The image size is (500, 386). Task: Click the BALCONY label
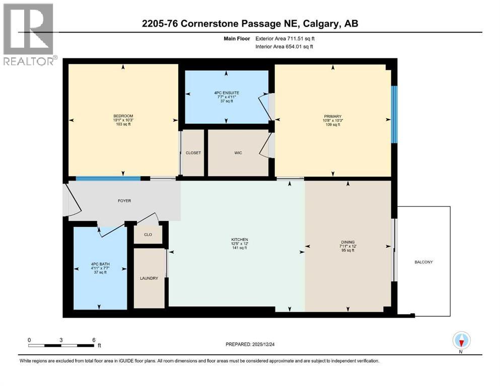[x=423, y=262]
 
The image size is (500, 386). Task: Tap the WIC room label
[x=238, y=153]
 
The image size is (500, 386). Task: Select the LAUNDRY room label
[x=149, y=278]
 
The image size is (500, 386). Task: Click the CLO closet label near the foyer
[x=148, y=235]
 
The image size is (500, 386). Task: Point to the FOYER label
[x=124, y=201]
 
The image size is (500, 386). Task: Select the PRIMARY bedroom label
[x=332, y=116]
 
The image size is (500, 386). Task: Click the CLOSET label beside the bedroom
[x=193, y=153]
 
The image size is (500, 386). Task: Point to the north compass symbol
[x=461, y=341]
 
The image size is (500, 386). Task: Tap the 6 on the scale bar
[x=94, y=340]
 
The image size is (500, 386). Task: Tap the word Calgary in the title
[x=315, y=24]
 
